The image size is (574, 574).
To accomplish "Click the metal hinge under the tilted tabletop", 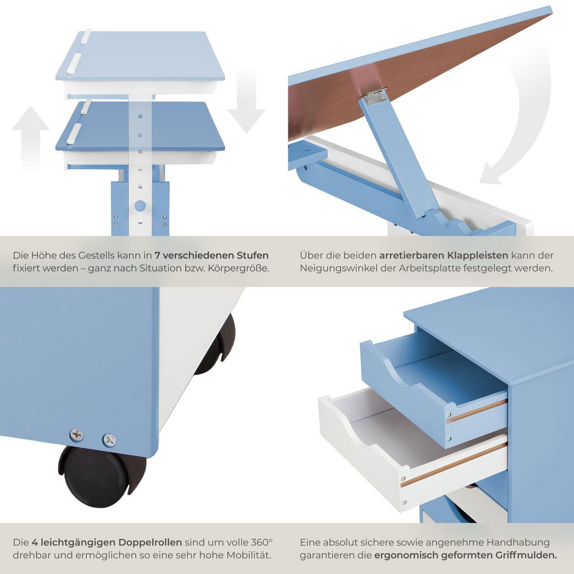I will tap(375, 95).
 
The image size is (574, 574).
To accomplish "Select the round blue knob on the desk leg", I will tap(140, 206).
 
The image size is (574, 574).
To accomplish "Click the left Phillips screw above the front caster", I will tap(77, 435).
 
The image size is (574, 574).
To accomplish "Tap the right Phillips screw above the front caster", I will tap(110, 439).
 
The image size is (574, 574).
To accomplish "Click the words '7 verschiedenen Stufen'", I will tap(211, 255).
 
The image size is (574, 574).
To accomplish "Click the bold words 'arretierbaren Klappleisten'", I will tap(443, 255).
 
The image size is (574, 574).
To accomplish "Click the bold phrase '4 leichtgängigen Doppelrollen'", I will tap(107, 542).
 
